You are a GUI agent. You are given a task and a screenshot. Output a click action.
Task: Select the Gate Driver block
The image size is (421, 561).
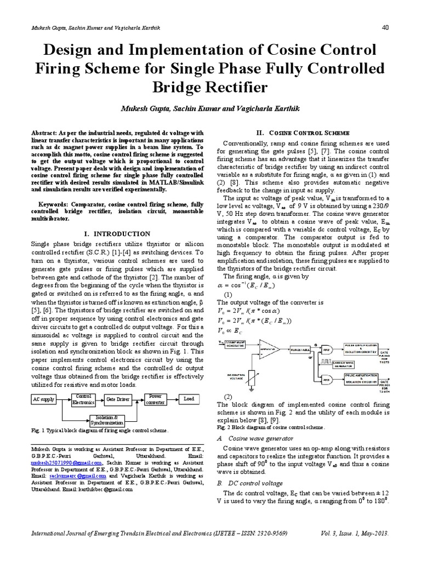click(118, 399)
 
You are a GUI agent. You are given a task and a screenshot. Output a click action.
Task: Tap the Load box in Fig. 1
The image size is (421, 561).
click(189, 399)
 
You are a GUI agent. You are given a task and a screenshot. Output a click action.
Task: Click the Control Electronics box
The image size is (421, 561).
click(83, 399)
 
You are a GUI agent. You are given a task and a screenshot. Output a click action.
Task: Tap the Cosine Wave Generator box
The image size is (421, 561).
click(235, 343)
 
